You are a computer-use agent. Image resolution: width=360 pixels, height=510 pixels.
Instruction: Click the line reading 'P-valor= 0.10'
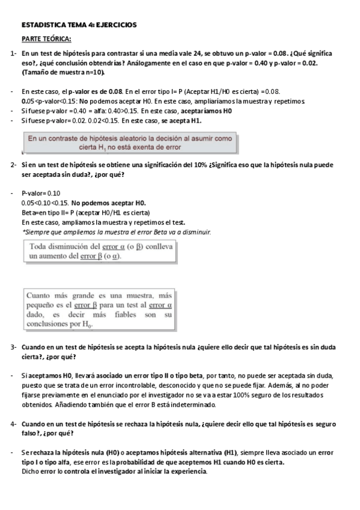pos(40,194)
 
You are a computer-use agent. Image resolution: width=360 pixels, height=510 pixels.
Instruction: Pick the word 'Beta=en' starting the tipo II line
pos(34,213)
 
